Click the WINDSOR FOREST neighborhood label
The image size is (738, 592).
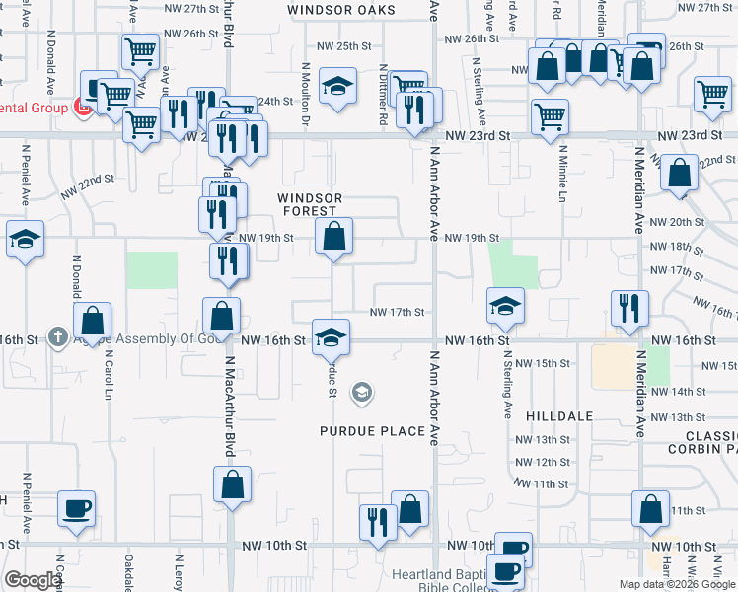[x=311, y=204]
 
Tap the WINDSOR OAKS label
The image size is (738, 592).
[x=341, y=10]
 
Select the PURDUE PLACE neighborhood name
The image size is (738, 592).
[x=372, y=431]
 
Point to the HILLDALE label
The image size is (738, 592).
[x=559, y=416]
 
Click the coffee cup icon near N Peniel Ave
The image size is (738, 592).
[x=77, y=509]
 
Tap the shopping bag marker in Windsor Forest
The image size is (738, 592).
[x=334, y=237]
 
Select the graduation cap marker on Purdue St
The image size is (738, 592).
[x=332, y=337]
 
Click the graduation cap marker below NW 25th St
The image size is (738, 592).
[x=337, y=87]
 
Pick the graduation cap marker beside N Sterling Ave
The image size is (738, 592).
[x=505, y=306]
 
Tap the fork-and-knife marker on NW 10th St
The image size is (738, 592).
[x=378, y=522]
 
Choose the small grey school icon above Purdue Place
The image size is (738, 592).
[x=362, y=393]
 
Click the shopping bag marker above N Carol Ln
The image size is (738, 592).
[x=93, y=320]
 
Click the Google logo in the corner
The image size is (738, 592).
[x=33, y=580]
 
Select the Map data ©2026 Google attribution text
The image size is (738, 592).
[x=677, y=584]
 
